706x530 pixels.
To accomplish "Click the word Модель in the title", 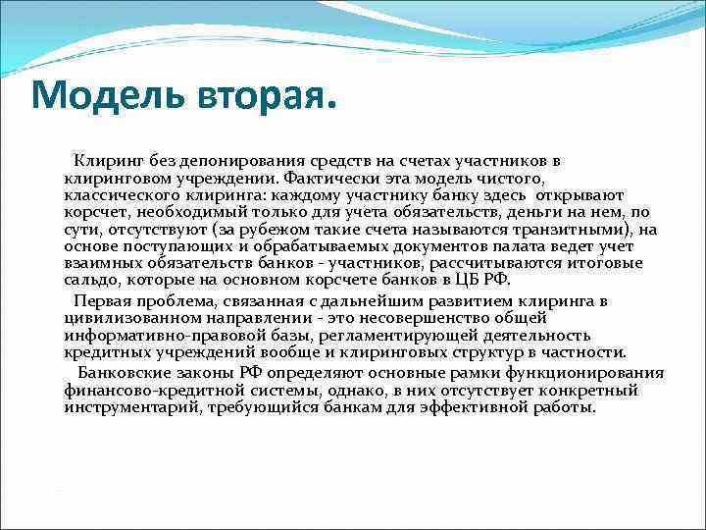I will pyautogui.click(x=95, y=95).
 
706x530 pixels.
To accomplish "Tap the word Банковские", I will pyautogui.click(x=126, y=373).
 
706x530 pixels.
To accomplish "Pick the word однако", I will pyautogui.click(x=333, y=391).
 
